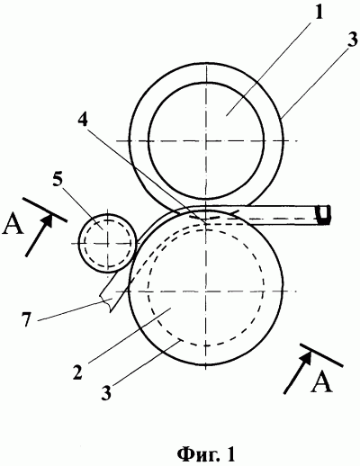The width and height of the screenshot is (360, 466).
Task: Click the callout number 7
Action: (x=26, y=318)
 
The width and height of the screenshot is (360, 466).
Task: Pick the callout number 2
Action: (x=77, y=371)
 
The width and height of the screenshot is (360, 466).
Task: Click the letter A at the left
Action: (x=13, y=224)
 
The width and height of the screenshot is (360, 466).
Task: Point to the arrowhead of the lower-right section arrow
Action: (x=306, y=358)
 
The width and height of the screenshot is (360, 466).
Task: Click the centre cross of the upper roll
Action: (x=206, y=140)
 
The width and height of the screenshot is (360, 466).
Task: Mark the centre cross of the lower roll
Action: (x=206, y=291)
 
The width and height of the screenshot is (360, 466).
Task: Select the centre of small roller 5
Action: (x=107, y=244)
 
